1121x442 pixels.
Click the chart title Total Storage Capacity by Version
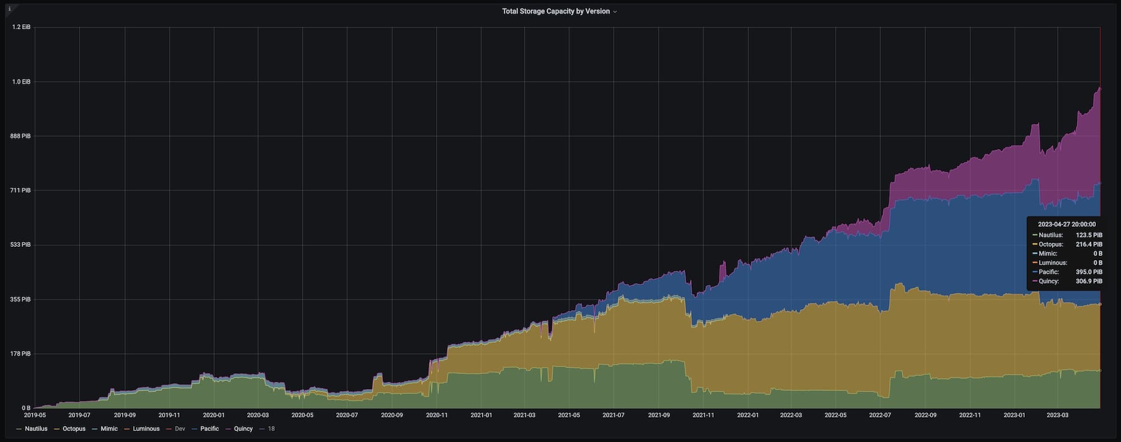click(555, 11)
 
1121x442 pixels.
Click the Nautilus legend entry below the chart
click(36, 429)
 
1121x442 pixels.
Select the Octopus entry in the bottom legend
click(74, 429)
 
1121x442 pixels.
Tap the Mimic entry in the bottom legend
click(109, 429)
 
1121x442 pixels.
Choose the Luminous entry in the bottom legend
click(146, 429)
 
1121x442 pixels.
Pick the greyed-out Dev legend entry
click(179, 429)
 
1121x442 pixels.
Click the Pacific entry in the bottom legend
click(209, 429)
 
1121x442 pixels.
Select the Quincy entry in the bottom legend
click(243, 429)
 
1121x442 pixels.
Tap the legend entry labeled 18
click(271, 429)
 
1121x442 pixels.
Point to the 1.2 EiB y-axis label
click(21, 27)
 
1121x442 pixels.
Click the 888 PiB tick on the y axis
click(21, 136)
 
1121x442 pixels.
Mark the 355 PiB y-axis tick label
click(21, 300)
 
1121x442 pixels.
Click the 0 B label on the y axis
click(26, 408)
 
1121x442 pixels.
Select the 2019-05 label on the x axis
click(35, 416)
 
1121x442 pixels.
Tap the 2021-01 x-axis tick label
click(481, 416)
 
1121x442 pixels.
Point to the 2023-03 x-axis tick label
click(1058, 416)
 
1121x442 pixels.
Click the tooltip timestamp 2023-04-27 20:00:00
click(1067, 224)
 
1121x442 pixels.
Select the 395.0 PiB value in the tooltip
click(1088, 272)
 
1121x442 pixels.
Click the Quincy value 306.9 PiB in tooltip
click(1088, 282)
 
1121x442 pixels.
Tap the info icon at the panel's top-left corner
click(9, 9)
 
